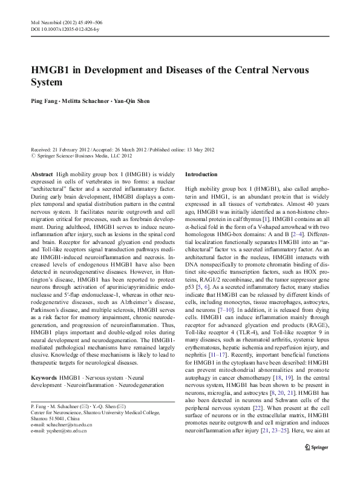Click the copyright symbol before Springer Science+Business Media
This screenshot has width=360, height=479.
33,155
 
